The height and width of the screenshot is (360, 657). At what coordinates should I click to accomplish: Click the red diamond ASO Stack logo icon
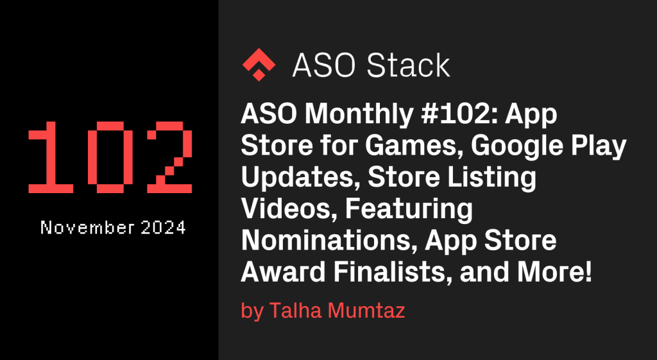[259, 65]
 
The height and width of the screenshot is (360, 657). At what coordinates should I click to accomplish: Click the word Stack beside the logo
[408, 65]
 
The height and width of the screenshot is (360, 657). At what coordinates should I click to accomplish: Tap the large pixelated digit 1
[51, 157]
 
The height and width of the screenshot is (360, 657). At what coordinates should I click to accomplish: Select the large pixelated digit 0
[110, 157]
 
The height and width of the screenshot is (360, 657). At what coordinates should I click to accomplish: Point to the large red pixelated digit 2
[169, 157]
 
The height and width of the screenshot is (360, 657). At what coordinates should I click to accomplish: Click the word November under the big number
[87, 228]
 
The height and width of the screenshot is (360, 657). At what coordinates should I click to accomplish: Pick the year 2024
[164, 228]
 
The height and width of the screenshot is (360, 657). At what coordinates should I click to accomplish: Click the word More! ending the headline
[554, 273]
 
